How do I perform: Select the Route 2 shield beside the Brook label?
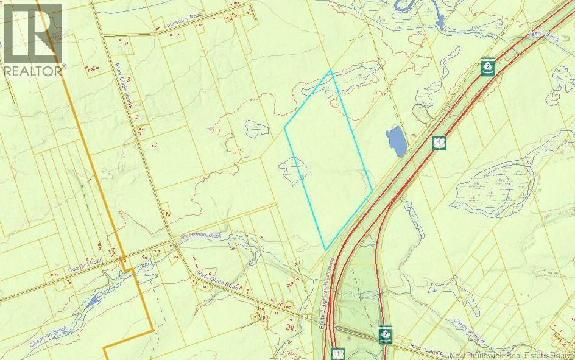pos(486,66)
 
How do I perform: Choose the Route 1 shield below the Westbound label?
pos(337,353)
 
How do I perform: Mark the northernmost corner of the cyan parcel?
pos(331,71)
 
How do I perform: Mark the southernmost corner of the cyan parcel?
pos(326,249)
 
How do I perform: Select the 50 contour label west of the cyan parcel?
pos(211,129)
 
